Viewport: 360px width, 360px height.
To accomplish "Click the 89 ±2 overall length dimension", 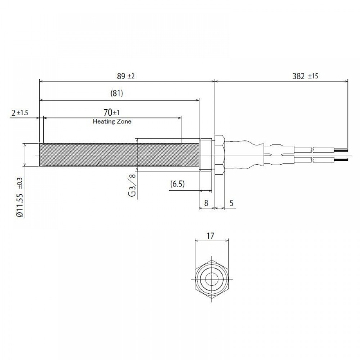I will [126, 76].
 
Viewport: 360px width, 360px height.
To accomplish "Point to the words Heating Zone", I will [112, 122].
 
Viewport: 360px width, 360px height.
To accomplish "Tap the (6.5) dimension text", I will [177, 184].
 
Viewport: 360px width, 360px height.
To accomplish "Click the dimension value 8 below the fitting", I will [206, 203].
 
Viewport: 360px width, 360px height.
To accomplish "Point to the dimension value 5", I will [231, 203].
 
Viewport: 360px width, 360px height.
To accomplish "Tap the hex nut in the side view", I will [220, 155].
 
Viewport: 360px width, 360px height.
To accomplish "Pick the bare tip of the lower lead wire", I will [342, 159].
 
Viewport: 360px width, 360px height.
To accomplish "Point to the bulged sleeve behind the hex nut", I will [245, 155].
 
